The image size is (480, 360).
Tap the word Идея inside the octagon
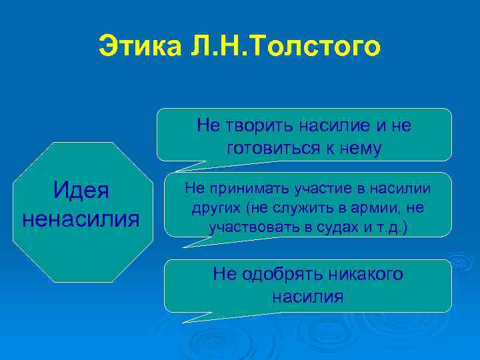click(81, 191)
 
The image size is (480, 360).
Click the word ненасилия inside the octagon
click(81, 217)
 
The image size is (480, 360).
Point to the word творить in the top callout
click(259, 126)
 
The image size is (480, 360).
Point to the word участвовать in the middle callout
click(248, 227)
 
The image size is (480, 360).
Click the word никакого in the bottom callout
click(364, 274)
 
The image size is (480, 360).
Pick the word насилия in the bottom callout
click(308, 297)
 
